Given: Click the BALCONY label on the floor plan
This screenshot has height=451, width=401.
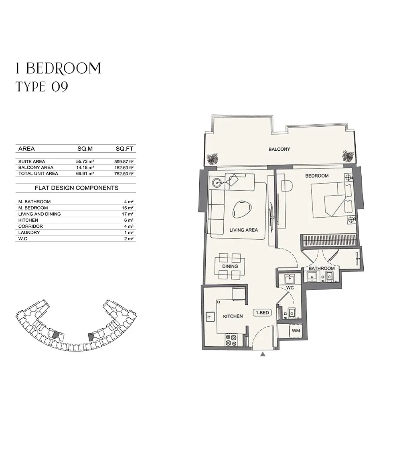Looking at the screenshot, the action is (x=279, y=149).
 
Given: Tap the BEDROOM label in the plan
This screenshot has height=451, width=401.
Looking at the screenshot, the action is (x=317, y=176).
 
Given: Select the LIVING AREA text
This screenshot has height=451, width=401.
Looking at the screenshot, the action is (x=243, y=230).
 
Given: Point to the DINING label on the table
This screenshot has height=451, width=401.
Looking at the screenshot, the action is (x=230, y=266).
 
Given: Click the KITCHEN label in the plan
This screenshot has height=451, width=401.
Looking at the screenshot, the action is (x=233, y=316).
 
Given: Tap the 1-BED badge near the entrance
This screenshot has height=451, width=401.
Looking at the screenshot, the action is (x=262, y=313).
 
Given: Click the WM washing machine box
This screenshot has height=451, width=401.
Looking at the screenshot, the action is (x=296, y=331).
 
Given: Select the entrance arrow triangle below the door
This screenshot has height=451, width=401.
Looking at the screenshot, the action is (x=263, y=354).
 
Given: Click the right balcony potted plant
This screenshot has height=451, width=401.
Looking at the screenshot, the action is (x=348, y=156).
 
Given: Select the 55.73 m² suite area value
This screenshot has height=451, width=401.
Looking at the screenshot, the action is (x=85, y=162).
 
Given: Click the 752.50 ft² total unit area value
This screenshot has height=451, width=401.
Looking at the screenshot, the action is (x=124, y=174).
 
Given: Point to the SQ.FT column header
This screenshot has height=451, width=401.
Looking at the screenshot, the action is (x=125, y=149).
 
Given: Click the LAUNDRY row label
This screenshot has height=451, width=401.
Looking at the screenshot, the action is (x=29, y=233).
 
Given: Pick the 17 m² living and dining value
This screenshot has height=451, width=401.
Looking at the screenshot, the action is (x=128, y=214).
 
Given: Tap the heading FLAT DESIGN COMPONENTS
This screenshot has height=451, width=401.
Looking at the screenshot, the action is (x=77, y=188).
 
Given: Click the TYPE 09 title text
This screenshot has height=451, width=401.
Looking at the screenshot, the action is (x=42, y=87).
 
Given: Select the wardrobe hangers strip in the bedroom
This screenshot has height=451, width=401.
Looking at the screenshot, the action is (x=330, y=241).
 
